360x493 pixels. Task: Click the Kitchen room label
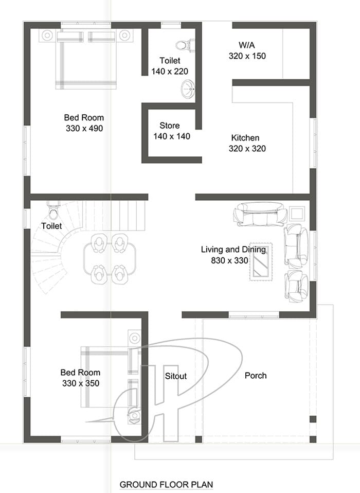245,138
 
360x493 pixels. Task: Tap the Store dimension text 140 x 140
172,136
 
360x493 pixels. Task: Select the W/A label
246,45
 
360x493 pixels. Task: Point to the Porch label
256,375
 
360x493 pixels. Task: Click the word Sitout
175,376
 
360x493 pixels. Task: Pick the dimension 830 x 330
229,260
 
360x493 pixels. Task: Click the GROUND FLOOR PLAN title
166,485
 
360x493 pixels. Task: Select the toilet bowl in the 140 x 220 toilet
184,45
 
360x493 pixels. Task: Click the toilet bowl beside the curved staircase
53,210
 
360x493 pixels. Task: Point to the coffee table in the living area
261,261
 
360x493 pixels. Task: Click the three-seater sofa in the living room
260,214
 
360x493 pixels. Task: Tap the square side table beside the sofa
297,214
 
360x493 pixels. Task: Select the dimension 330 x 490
84,128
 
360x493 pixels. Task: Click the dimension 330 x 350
81,383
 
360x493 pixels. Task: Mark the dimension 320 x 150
247,56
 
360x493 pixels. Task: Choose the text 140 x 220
170,72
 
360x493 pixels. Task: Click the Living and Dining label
233,250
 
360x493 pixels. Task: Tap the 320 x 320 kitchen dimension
247,148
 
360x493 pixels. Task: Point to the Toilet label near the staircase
51,226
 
